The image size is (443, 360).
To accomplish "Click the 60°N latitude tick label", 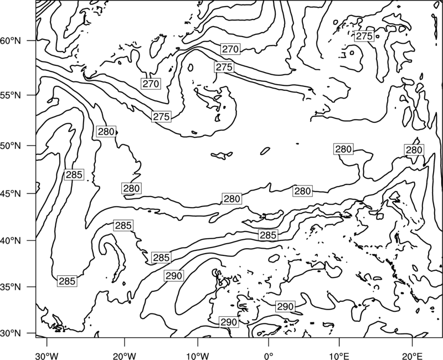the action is tap(11, 40).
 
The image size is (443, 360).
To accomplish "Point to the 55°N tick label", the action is tap(11, 95).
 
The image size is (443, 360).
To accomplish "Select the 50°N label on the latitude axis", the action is tap(11, 146).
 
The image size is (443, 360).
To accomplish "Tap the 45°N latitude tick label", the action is tap(11, 193).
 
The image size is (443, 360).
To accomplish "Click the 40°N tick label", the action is tap(11, 241).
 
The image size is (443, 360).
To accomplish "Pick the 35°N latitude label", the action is tap(11, 287).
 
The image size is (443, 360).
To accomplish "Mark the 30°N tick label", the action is tap(11, 333).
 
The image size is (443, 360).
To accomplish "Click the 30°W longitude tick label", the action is tap(47, 356).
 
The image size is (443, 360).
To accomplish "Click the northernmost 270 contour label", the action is tap(230, 49).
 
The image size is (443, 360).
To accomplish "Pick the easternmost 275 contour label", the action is tap(364, 36).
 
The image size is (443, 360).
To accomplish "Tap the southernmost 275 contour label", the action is tap(161, 117).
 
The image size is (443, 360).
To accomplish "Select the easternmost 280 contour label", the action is tap(414, 150).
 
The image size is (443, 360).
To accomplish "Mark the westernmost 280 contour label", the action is tap(106, 132).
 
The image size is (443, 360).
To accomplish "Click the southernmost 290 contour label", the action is tap(229, 322).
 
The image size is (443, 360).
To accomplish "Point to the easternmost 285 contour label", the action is tap(268, 235).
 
